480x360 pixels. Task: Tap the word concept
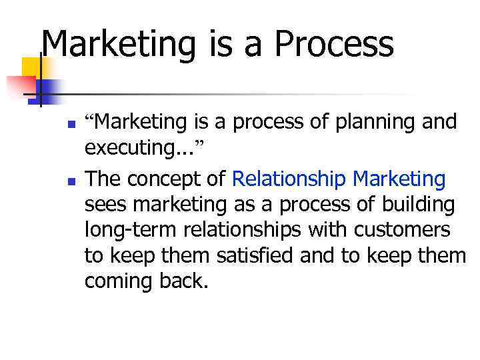tap(171, 179)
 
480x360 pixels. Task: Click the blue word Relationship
tap(289, 179)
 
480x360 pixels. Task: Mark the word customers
tap(411, 230)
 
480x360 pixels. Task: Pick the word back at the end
tap(181, 281)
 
